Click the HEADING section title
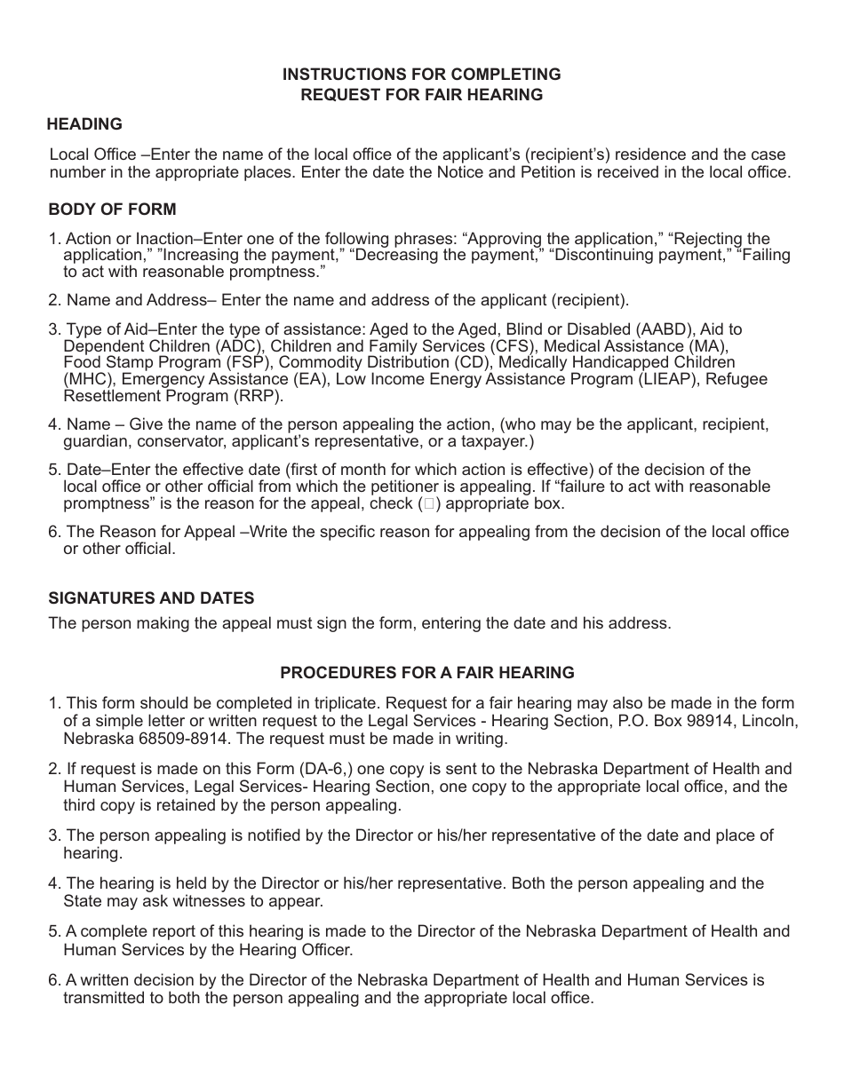pos(85,124)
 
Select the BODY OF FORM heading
pos(112,210)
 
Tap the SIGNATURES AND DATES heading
pos(151,598)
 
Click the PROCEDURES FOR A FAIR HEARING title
pos(427,673)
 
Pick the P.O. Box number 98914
pos(728,721)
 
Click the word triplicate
pos(342,704)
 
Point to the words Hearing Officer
pos(299,949)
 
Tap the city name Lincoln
pos(768,721)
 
